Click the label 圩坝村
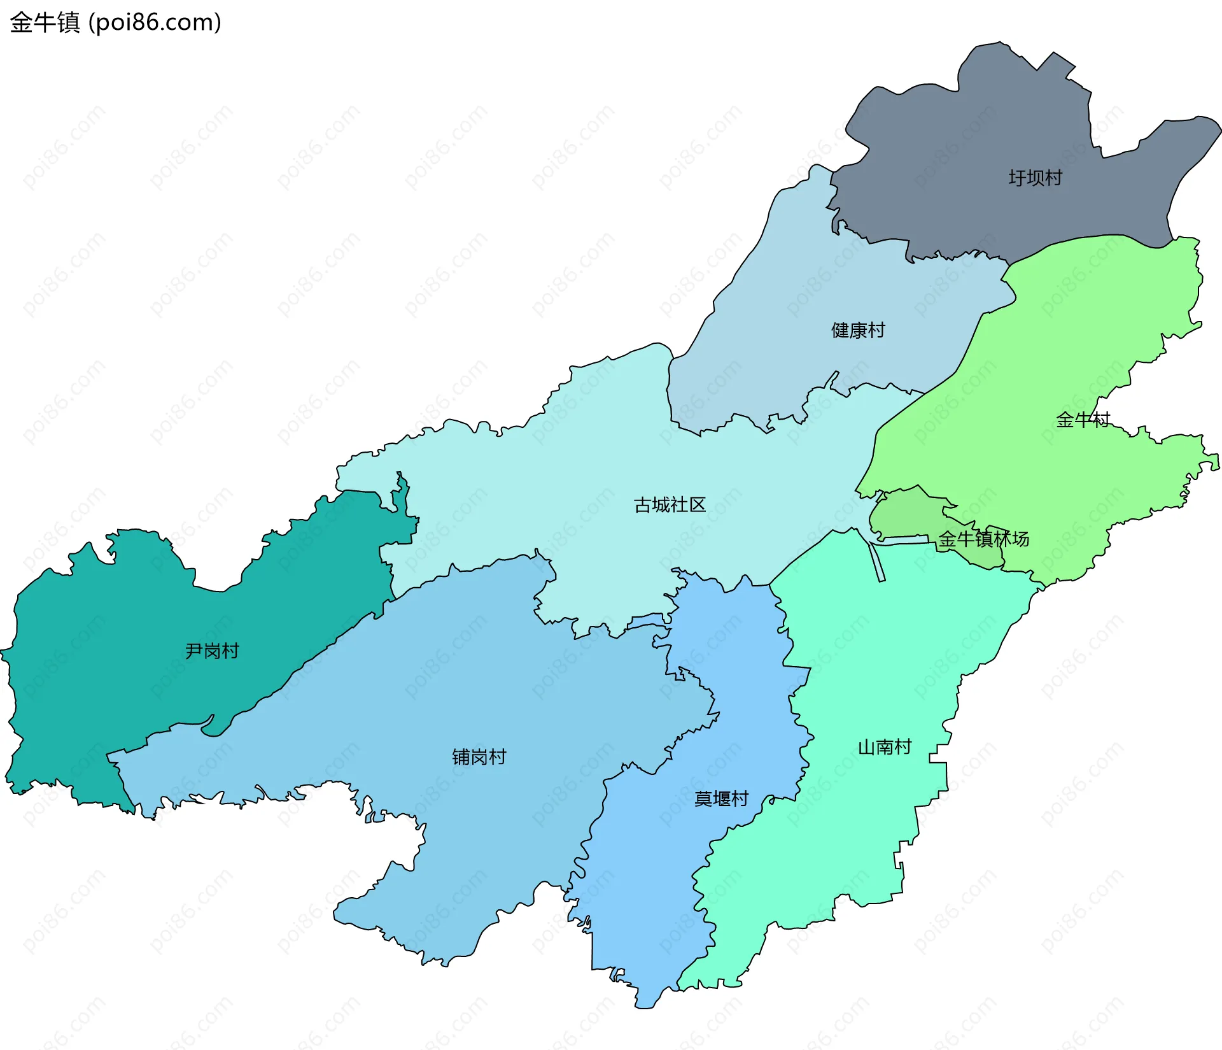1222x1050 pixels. pyautogui.click(x=1035, y=178)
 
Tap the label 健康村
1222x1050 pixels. pyautogui.click(x=858, y=330)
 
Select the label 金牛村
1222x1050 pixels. pyautogui.click(x=1083, y=420)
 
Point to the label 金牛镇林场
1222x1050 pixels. pyautogui.click(x=983, y=539)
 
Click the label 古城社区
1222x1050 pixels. pyautogui.click(x=670, y=505)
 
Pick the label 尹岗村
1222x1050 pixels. pyautogui.click(x=212, y=651)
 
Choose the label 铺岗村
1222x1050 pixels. pyautogui.click(x=479, y=757)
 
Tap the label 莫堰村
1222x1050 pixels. pyautogui.click(x=721, y=798)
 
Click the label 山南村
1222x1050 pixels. pyautogui.click(x=885, y=747)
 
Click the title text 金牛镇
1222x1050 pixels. pyautogui.click(x=45, y=22)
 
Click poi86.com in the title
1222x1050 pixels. pyautogui.click(x=155, y=22)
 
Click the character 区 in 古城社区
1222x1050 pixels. pyautogui.click(x=698, y=505)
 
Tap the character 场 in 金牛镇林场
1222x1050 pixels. pyautogui.click(x=1020, y=539)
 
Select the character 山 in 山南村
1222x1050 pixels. pyautogui.click(x=866, y=747)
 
